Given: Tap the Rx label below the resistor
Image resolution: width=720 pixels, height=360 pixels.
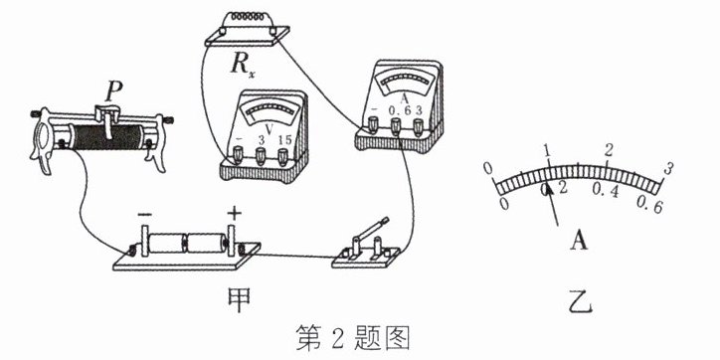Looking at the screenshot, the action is coord(242,66).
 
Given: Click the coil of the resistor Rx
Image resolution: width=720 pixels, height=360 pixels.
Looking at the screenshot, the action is coord(247,17).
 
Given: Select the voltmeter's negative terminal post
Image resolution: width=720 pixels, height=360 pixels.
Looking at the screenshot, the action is coord(238,154).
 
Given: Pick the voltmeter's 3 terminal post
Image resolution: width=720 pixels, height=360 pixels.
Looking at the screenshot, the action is coord(260,155).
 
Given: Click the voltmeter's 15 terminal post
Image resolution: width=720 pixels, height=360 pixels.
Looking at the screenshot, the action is coord(282,156).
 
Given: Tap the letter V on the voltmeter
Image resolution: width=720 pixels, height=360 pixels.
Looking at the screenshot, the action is coord(270,128).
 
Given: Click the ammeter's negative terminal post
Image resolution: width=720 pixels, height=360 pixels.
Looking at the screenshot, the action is coord(373,124).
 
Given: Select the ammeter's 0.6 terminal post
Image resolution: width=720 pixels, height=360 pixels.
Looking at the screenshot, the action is coord(396,125).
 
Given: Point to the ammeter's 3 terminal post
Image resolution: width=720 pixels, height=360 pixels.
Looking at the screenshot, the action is coord(418,125).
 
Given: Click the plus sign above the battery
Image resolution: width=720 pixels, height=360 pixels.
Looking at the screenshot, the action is coord(234,213).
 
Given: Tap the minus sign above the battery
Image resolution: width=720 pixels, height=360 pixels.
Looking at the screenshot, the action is coord(144,215).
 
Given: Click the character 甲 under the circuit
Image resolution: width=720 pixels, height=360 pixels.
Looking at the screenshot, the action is coord(239,299).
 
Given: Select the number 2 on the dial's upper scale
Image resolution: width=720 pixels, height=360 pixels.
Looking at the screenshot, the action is coord(609,150).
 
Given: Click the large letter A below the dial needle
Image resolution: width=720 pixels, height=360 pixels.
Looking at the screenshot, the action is coord(579,240).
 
